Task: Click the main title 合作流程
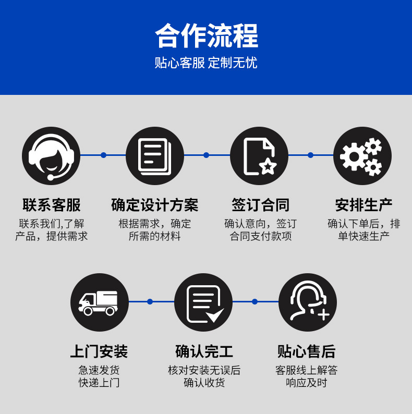click(206, 35)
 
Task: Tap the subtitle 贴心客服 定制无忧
click(206, 63)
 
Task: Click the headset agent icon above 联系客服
click(51, 155)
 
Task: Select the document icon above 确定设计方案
click(155, 155)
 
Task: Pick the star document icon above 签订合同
click(259, 155)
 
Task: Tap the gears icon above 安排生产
click(362, 155)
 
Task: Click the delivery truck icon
click(99, 302)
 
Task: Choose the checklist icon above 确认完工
click(203, 302)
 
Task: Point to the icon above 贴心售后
click(308, 302)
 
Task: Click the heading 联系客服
click(51, 205)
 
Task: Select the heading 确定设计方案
click(155, 205)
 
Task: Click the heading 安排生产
click(363, 205)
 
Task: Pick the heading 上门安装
click(99, 351)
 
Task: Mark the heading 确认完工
click(204, 351)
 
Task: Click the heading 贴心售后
click(307, 351)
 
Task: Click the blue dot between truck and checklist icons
click(150, 301)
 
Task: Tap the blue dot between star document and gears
click(310, 155)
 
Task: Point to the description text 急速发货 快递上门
click(99, 376)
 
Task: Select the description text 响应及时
click(307, 383)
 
